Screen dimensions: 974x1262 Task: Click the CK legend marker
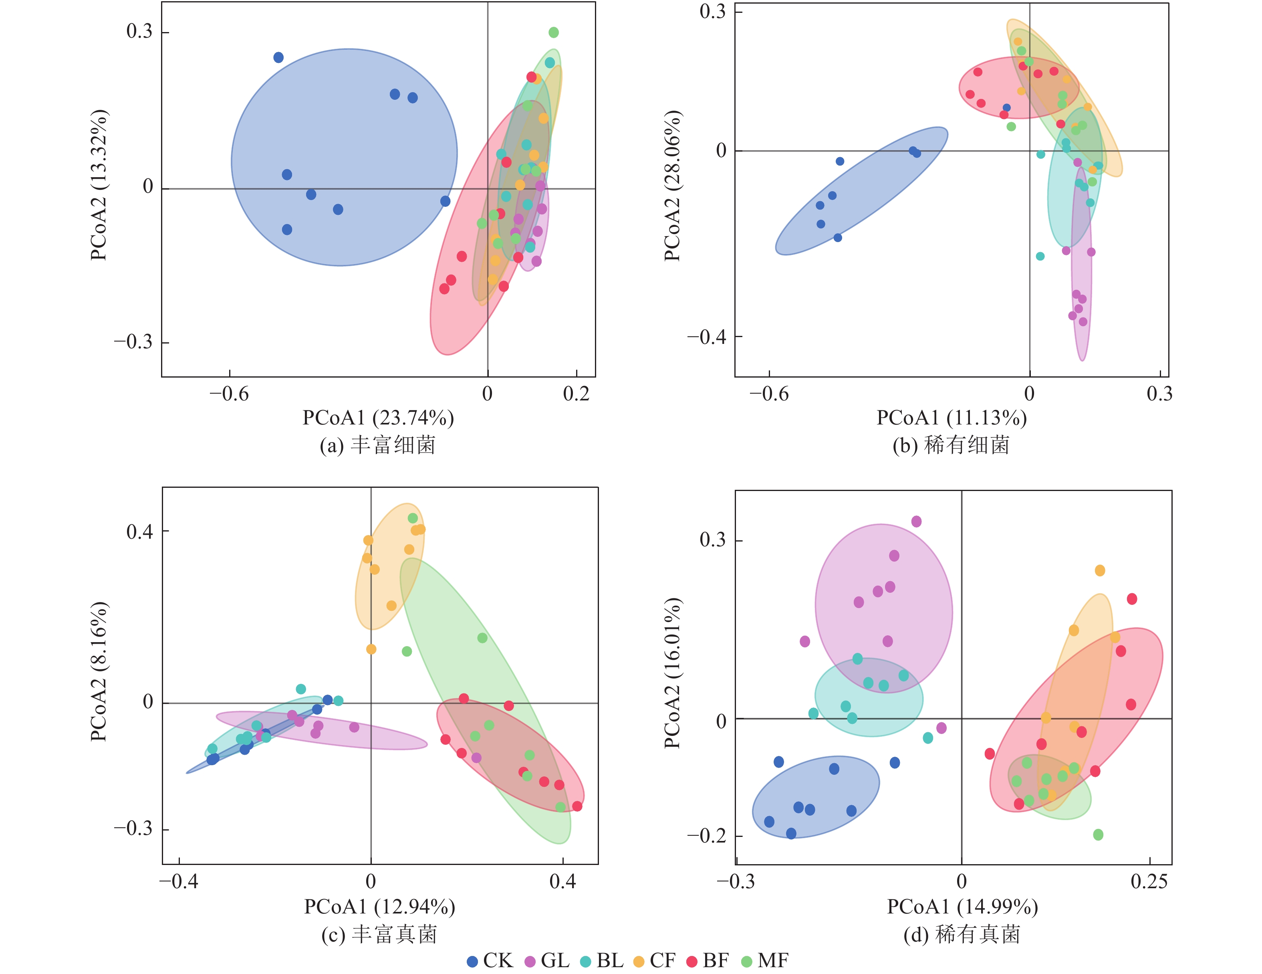click(472, 961)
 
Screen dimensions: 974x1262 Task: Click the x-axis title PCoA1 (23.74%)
click(379, 417)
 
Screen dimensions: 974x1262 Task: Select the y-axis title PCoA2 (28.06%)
click(672, 186)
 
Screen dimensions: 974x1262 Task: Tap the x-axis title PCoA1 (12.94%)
click(380, 906)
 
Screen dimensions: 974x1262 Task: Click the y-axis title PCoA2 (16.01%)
click(672, 673)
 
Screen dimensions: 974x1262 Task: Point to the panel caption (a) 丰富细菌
click(378, 445)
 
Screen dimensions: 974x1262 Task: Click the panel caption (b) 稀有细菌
click(951, 445)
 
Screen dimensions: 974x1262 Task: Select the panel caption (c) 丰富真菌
click(379, 934)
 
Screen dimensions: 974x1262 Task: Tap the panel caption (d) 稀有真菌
click(962, 934)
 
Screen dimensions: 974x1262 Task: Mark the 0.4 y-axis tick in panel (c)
click(140, 531)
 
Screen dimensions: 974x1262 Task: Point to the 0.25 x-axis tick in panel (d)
click(1149, 881)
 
